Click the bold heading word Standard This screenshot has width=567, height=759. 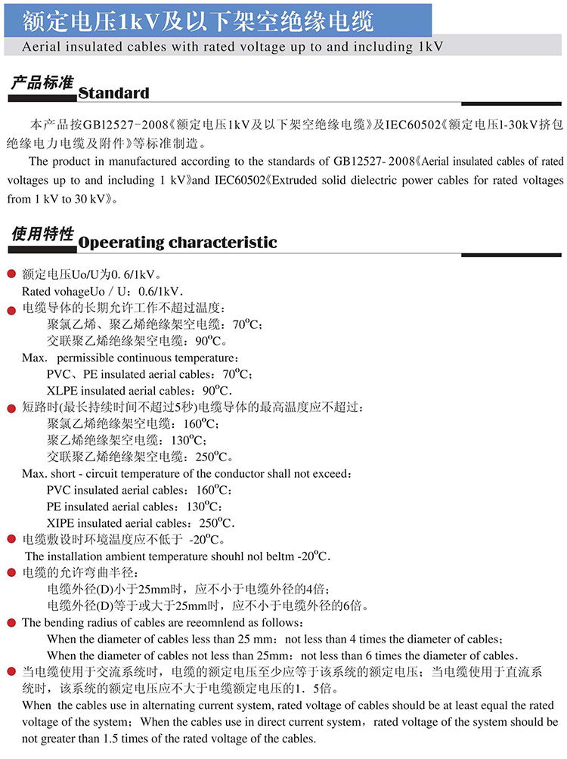[x=114, y=93]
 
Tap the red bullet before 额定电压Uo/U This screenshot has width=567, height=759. [x=11, y=274]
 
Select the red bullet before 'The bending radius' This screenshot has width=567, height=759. [x=11, y=623]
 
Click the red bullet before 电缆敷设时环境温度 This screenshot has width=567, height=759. [x=11, y=539]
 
